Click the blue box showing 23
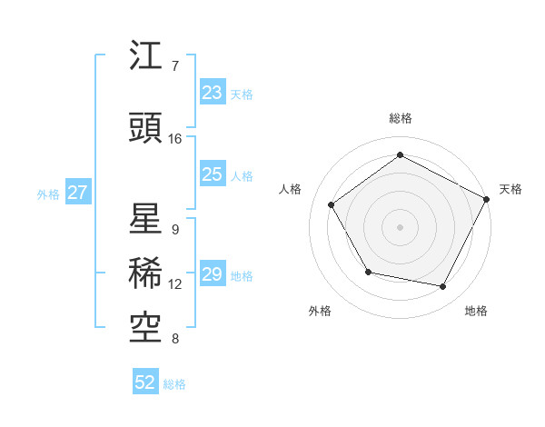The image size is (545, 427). [213, 93]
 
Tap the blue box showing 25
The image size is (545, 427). [213, 174]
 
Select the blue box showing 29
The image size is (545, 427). [213, 274]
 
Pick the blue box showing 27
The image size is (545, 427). [78, 194]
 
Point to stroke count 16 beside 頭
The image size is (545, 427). [175, 139]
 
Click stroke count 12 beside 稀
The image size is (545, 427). [175, 284]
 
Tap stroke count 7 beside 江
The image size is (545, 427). [175, 66]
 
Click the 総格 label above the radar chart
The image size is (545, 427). [401, 118]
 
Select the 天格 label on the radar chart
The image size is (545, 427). [511, 189]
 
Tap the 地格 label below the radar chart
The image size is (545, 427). [476, 311]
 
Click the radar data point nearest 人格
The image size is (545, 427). [332, 204]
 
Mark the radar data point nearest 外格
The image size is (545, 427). [368, 272]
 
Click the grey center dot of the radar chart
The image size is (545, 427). [401, 226]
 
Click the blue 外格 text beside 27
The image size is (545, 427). [48, 194]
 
